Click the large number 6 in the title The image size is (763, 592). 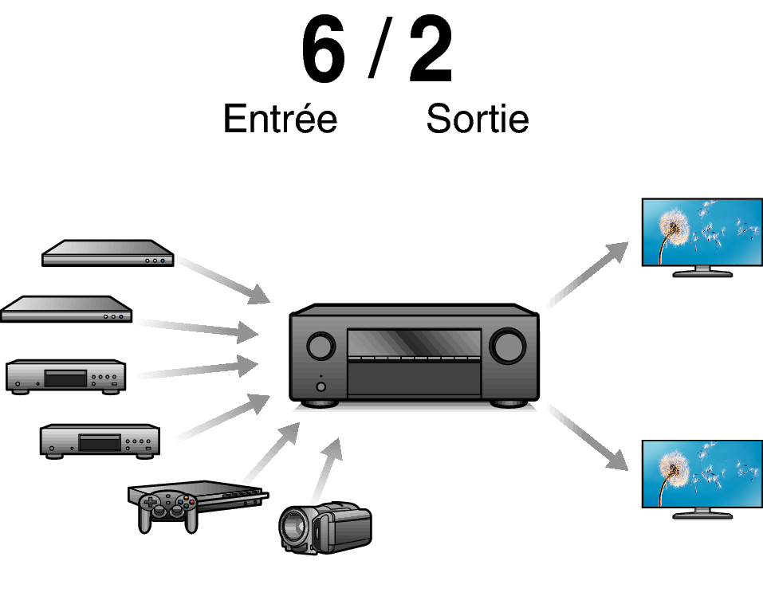point(323,52)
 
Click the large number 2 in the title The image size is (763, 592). point(431,52)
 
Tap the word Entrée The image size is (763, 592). point(280,119)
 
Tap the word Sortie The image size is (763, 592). point(477,119)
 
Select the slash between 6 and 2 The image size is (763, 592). point(376,52)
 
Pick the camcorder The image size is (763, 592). point(325,527)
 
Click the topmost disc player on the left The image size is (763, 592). point(108,253)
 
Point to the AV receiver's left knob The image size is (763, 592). point(321,346)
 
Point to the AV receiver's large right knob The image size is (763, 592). point(508,345)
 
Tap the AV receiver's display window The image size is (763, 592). point(414,343)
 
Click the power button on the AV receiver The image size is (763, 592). point(321,387)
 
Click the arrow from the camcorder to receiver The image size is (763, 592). point(327,469)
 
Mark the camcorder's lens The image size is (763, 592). point(293,527)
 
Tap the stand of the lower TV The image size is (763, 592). point(702,513)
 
